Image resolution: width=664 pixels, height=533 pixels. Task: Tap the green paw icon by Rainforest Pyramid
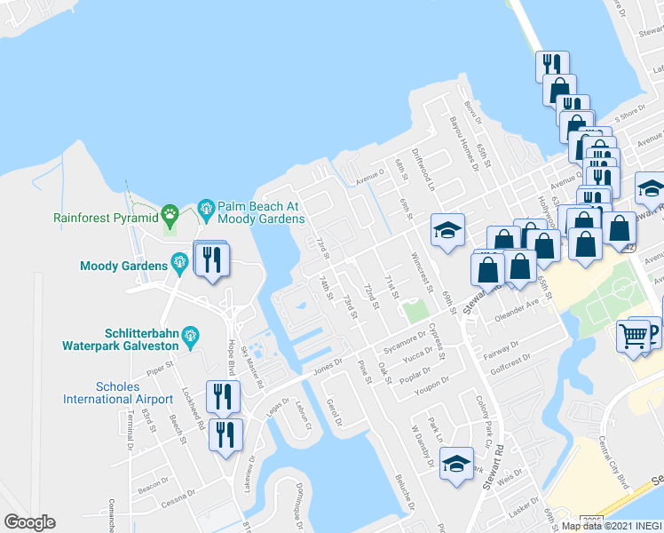coord(170,214)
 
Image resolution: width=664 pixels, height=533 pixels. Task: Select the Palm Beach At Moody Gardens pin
coord(206,211)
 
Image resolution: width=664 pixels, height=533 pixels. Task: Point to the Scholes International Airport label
coord(118,393)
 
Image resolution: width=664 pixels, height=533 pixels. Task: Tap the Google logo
coord(29,522)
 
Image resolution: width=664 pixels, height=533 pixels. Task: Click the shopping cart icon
coord(633,336)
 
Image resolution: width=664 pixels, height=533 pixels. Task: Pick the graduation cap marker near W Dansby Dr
coord(456,465)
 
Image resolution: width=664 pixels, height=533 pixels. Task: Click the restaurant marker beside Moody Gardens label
coord(211,259)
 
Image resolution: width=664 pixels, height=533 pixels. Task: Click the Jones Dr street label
coord(327,364)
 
